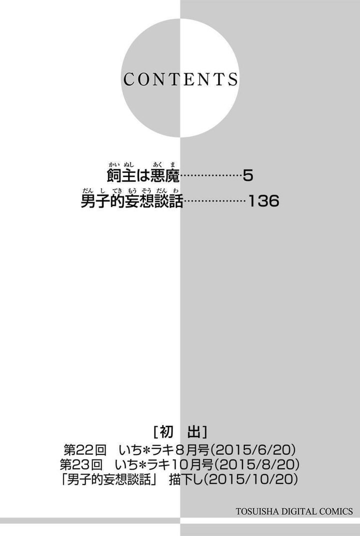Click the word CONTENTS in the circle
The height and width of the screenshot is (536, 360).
tap(180, 79)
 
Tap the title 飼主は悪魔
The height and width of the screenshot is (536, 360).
tap(143, 176)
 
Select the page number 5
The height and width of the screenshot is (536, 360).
tap(248, 176)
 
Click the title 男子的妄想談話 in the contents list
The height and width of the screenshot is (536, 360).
tap(132, 201)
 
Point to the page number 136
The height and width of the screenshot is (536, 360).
tap(263, 201)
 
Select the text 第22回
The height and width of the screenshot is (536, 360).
tap(85, 450)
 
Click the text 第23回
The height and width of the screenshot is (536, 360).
tap(81, 464)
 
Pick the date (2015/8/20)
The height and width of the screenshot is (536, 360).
tap(256, 464)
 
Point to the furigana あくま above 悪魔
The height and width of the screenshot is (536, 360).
tap(164, 165)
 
